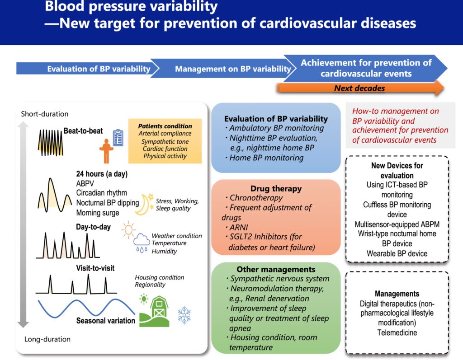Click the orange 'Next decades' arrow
[359, 88]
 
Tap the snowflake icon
[184, 315]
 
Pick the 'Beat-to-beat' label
[83, 131]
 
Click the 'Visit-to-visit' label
[95, 268]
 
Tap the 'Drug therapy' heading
[276, 188]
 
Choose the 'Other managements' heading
[276, 269]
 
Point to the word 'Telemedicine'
[397, 333]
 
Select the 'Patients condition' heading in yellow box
[165, 126]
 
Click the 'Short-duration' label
[45, 114]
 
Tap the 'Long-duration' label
[47, 339]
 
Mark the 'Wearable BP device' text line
[397, 253]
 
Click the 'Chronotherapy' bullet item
[256, 198]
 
